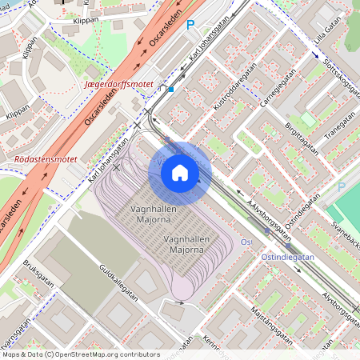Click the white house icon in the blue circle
[x=180, y=173]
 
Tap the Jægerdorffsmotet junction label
[x=118, y=83]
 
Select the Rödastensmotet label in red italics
[x=46, y=159]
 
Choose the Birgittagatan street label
[x=295, y=129]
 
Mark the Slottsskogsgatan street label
[x=329, y=74]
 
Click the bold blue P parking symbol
[x=190, y=26]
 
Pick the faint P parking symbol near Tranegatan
[x=342, y=186]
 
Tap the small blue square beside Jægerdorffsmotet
[x=170, y=90]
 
